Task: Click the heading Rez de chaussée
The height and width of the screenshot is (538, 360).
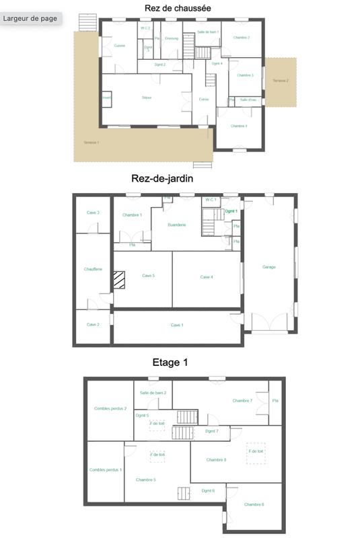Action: (x=177, y=8)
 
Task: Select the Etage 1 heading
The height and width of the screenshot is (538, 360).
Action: (x=170, y=362)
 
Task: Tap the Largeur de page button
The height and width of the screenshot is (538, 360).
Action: (x=30, y=18)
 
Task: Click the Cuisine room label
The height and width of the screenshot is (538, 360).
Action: (x=119, y=46)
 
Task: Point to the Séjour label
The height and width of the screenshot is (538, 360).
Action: (x=147, y=98)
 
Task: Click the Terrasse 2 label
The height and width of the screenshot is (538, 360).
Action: (x=281, y=81)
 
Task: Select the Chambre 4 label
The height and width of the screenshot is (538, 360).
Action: (x=239, y=126)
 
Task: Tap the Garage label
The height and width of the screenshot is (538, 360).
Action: (x=269, y=267)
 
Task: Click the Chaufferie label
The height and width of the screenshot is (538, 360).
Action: (x=93, y=269)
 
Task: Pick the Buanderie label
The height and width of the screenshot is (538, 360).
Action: (x=177, y=225)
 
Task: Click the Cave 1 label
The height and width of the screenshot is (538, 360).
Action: (x=177, y=325)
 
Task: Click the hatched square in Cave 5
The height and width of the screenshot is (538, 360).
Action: (x=120, y=280)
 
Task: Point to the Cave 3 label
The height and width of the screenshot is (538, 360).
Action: (x=93, y=213)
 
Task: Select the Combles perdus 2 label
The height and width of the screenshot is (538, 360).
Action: (x=110, y=408)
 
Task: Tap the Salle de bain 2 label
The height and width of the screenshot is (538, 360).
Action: (x=153, y=393)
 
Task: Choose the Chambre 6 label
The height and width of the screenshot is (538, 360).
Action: (x=254, y=504)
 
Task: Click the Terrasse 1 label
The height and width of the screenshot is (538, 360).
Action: (x=91, y=143)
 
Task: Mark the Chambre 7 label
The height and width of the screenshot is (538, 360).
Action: (x=242, y=401)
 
